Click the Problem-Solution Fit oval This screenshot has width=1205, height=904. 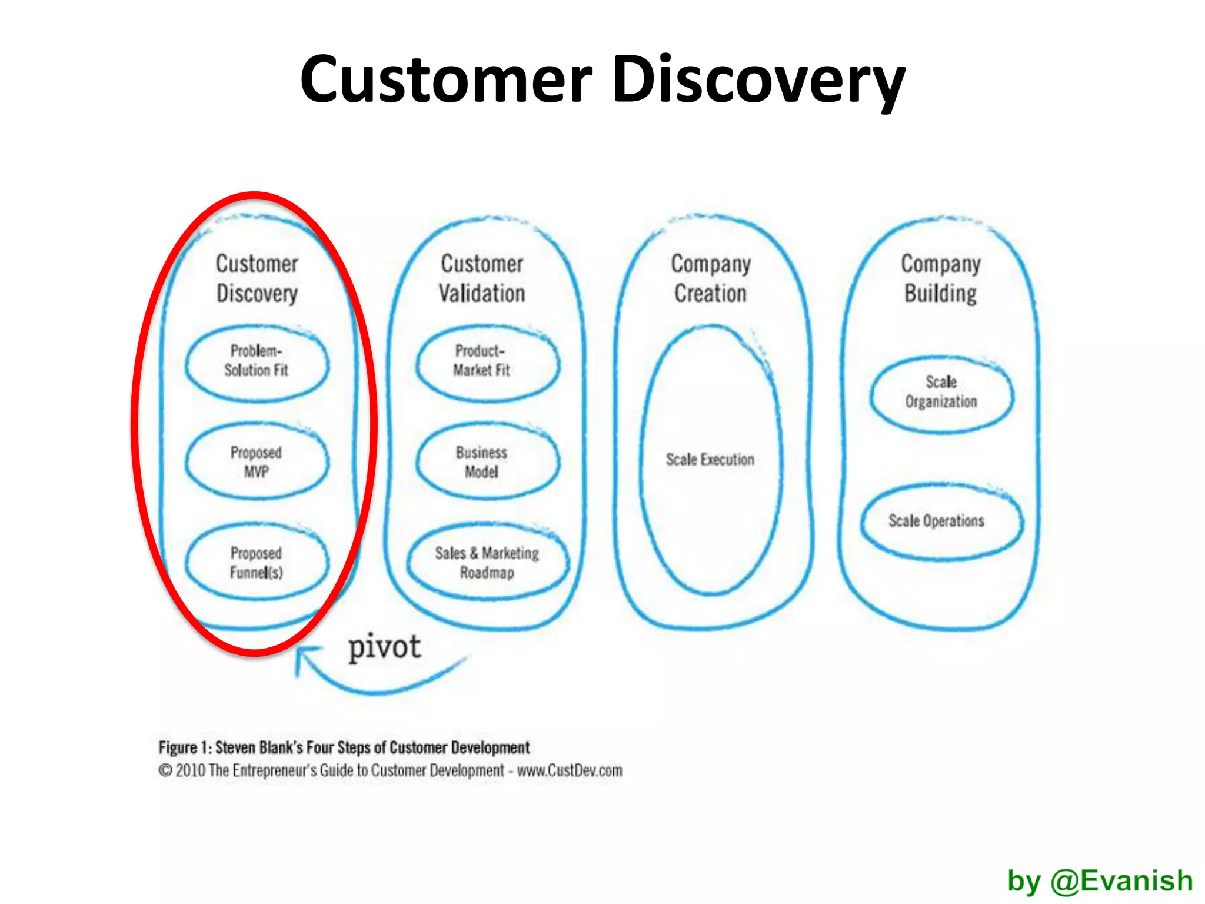click(x=257, y=361)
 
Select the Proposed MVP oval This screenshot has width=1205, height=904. click(x=257, y=462)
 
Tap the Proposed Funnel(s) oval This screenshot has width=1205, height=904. click(x=257, y=563)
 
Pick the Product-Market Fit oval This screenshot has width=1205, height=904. click(x=481, y=361)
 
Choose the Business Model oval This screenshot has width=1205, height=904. click(x=481, y=462)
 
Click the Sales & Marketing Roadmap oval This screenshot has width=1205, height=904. click(x=487, y=563)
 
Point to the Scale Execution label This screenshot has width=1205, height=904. click(x=710, y=459)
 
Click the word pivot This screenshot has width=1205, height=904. click(x=385, y=648)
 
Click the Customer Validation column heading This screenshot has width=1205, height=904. click(x=482, y=278)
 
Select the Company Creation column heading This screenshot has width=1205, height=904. click(x=711, y=278)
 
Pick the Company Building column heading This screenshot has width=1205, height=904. click(x=941, y=278)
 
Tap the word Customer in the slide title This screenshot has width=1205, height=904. click(x=446, y=80)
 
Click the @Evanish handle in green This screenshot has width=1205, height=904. click(x=1121, y=881)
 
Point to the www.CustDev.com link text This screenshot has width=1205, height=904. click(x=569, y=770)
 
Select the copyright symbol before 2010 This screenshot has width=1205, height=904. click(x=165, y=770)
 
